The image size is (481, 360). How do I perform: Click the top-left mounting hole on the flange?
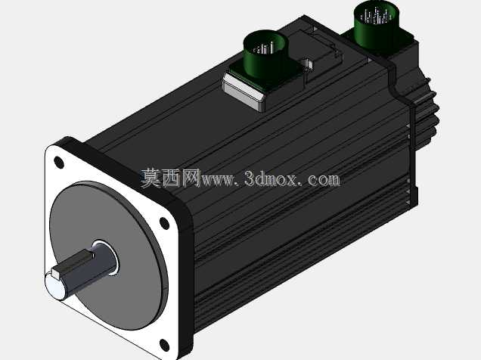click(59, 162)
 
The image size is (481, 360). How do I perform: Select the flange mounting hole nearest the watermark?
click(164, 223)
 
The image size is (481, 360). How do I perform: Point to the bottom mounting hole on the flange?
click(165, 345)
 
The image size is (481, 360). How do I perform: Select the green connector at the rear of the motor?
click(377, 23)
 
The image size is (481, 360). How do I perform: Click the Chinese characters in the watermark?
click(171, 178)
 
